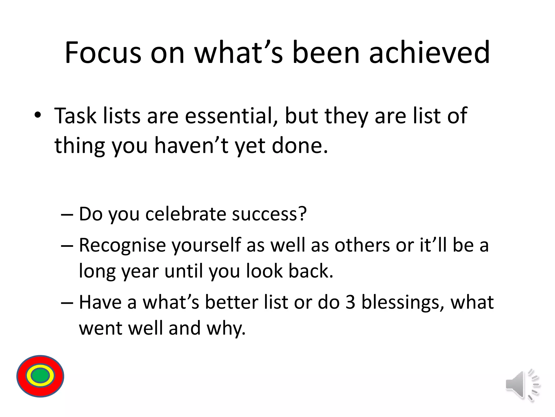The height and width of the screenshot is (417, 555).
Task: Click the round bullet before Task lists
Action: point(38,116)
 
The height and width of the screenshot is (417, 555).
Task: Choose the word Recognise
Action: point(122,245)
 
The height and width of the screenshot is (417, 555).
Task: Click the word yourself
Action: point(206,245)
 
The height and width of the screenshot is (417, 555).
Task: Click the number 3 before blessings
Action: point(350,302)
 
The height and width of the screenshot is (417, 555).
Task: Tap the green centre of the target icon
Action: point(40,376)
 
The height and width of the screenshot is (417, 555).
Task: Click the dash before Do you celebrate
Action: point(67,214)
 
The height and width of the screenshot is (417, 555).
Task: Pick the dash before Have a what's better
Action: point(67,303)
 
